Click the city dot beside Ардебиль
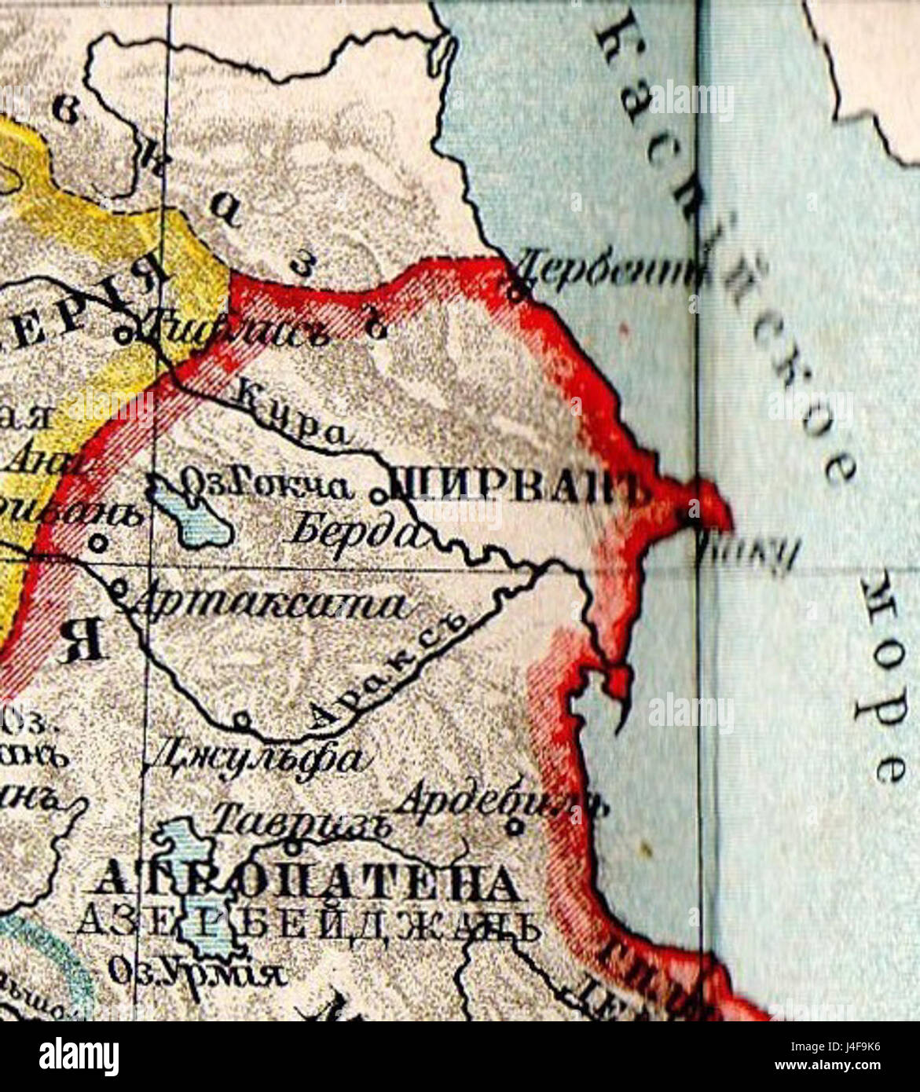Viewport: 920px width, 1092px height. (515, 827)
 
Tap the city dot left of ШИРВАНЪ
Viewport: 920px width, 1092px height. (379, 495)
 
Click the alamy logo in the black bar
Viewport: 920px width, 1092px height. (79, 1057)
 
